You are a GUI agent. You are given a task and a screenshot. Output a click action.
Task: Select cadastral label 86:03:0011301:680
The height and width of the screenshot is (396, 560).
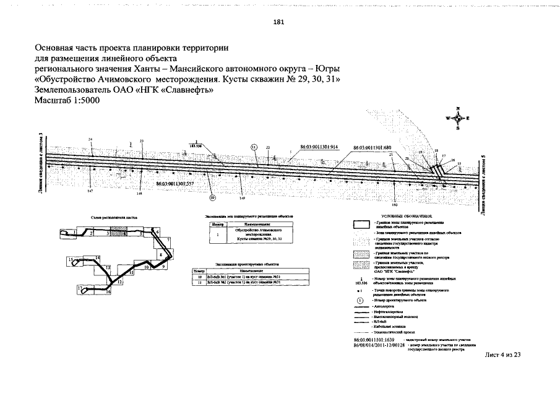(x=373, y=148)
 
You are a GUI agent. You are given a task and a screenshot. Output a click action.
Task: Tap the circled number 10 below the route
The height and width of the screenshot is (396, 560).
(x=212, y=198)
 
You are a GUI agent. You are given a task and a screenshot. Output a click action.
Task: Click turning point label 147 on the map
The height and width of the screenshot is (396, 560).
(x=90, y=192)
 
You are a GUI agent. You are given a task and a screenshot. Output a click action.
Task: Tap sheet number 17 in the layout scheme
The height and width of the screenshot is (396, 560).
(x=80, y=288)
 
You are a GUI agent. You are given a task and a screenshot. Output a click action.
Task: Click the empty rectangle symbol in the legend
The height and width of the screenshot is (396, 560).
(x=360, y=225)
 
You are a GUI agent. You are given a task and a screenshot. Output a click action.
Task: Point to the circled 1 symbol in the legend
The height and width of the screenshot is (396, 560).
(x=360, y=300)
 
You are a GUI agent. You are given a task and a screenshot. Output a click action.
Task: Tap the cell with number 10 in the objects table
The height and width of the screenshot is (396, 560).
(x=199, y=277)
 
